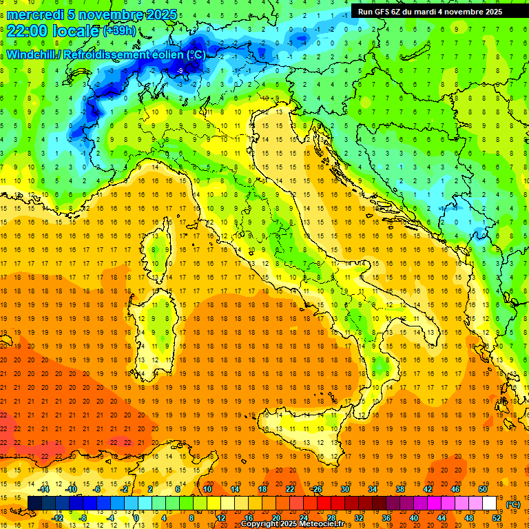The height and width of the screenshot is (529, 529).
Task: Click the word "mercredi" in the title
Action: [37, 14]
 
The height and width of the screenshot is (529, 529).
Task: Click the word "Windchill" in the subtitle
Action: [32, 54]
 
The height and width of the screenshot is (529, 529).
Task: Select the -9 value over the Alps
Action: [180, 70]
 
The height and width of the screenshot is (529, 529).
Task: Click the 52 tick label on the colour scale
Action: [497, 518]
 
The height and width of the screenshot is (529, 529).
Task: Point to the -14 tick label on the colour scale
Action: [44, 489]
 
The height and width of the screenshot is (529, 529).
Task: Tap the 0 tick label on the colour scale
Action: [136, 518]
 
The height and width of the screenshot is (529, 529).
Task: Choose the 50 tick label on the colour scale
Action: [483, 489]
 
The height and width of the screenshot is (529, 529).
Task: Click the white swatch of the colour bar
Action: [490, 504]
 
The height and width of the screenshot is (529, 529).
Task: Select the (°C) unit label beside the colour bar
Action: [513, 504]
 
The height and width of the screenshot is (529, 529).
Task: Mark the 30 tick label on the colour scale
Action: [344, 489]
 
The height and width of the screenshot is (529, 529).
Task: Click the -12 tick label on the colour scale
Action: [58, 518]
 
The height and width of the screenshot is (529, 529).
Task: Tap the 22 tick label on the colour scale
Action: [289, 489]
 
